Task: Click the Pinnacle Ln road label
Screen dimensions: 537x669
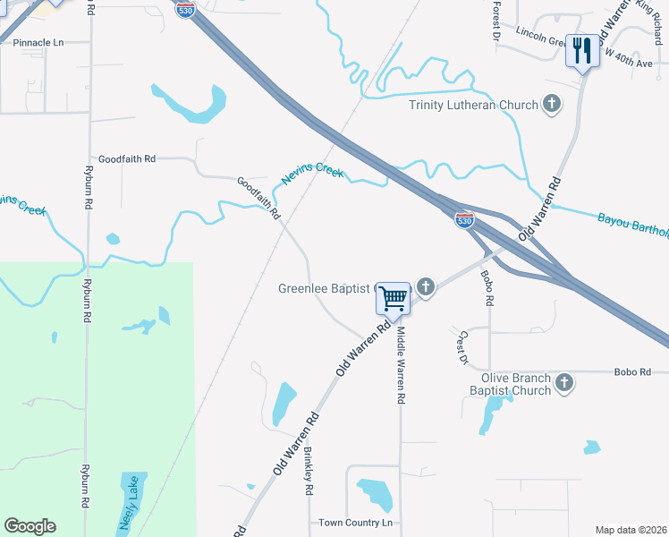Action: pos(33,42)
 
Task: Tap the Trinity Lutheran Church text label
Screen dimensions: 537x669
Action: pos(474,105)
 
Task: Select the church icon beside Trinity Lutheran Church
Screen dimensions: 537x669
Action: pos(553,104)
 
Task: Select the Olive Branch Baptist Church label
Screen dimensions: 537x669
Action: pos(511,384)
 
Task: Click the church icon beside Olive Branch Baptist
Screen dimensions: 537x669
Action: pos(564,383)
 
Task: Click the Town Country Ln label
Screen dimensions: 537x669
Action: pos(356,523)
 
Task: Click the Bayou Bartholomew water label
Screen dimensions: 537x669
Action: pos(631,225)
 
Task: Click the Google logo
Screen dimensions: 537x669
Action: pos(30,526)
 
